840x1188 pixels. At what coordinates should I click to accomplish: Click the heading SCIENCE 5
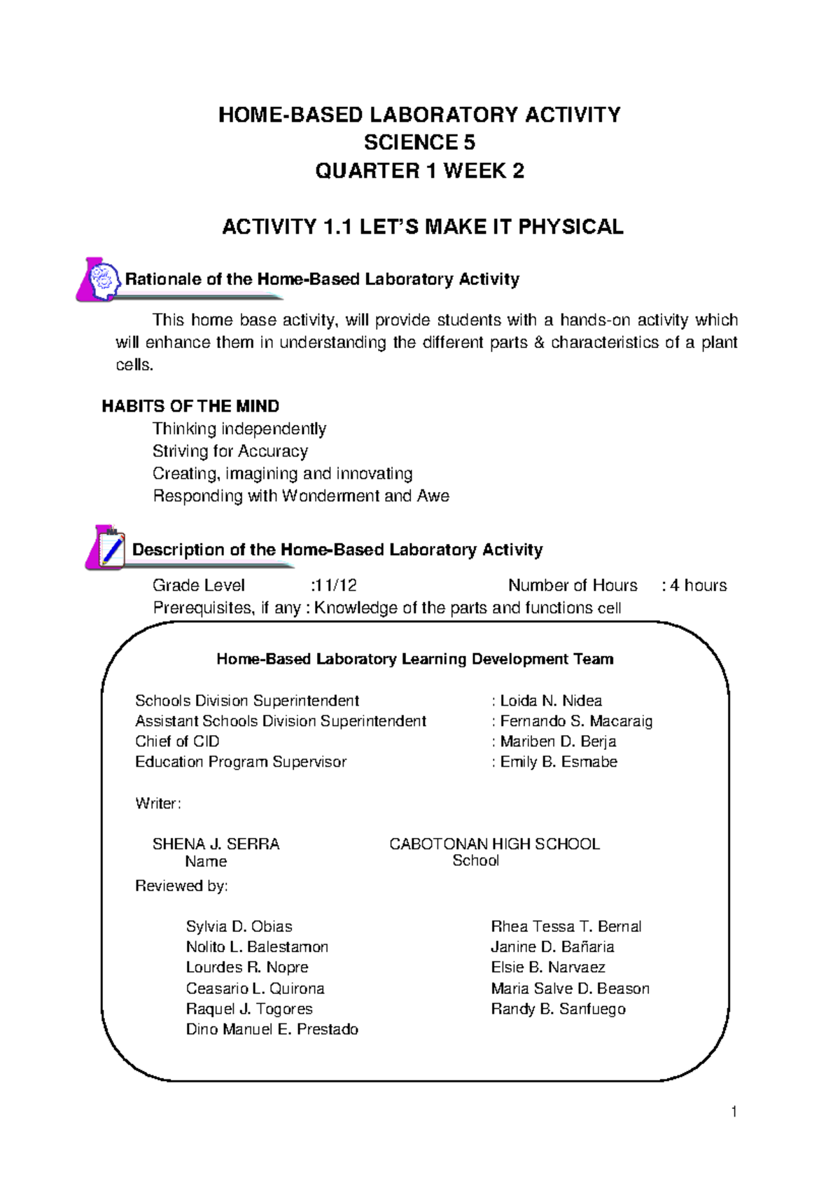click(x=419, y=143)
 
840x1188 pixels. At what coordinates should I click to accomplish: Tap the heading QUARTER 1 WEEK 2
click(x=419, y=171)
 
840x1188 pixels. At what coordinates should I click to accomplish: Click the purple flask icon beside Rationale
click(x=99, y=280)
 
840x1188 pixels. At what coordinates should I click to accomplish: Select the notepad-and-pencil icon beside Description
click(x=106, y=547)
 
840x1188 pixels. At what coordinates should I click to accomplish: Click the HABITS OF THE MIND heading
click(x=190, y=406)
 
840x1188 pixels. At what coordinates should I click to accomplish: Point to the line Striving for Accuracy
click(x=230, y=451)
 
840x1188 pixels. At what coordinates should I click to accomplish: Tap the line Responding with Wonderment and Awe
click(x=301, y=496)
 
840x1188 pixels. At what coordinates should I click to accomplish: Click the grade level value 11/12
click(x=335, y=585)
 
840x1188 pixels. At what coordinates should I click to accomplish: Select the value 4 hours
click(x=698, y=585)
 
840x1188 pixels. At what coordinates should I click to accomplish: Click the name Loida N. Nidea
click(x=550, y=701)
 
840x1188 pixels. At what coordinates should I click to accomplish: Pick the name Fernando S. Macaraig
click(x=575, y=721)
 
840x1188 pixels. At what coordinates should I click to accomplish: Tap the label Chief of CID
click(x=177, y=741)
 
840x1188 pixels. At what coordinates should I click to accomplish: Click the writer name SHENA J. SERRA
click(x=216, y=844)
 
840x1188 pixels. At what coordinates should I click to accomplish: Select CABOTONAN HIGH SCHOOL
click(x=494, y=844)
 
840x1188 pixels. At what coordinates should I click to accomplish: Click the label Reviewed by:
click(x=181, y=886)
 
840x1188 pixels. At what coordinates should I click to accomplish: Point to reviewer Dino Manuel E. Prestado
click(x=272, y=1029)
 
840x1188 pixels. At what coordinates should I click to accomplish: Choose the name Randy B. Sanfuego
click(x=558, y=1009)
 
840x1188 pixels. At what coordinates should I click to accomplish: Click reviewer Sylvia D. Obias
click(x=239, y=926)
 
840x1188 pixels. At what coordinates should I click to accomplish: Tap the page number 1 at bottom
click(x=733, y=1112)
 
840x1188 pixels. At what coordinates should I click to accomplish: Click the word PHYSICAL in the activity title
click(x=570, y=227)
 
